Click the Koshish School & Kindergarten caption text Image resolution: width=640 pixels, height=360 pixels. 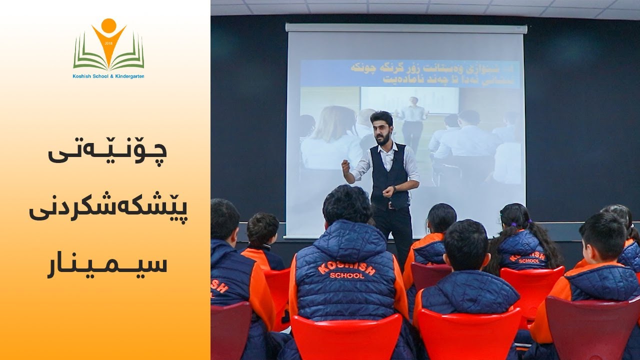coord(108,76)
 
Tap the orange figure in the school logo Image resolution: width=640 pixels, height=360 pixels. coord(108,40)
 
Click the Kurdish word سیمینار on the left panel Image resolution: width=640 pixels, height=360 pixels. coord(107,264)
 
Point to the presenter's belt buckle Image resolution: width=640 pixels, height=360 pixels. coord(390,205)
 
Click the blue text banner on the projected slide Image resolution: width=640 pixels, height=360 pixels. coord(410,73)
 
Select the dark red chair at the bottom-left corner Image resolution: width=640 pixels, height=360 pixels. coord(230,330)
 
